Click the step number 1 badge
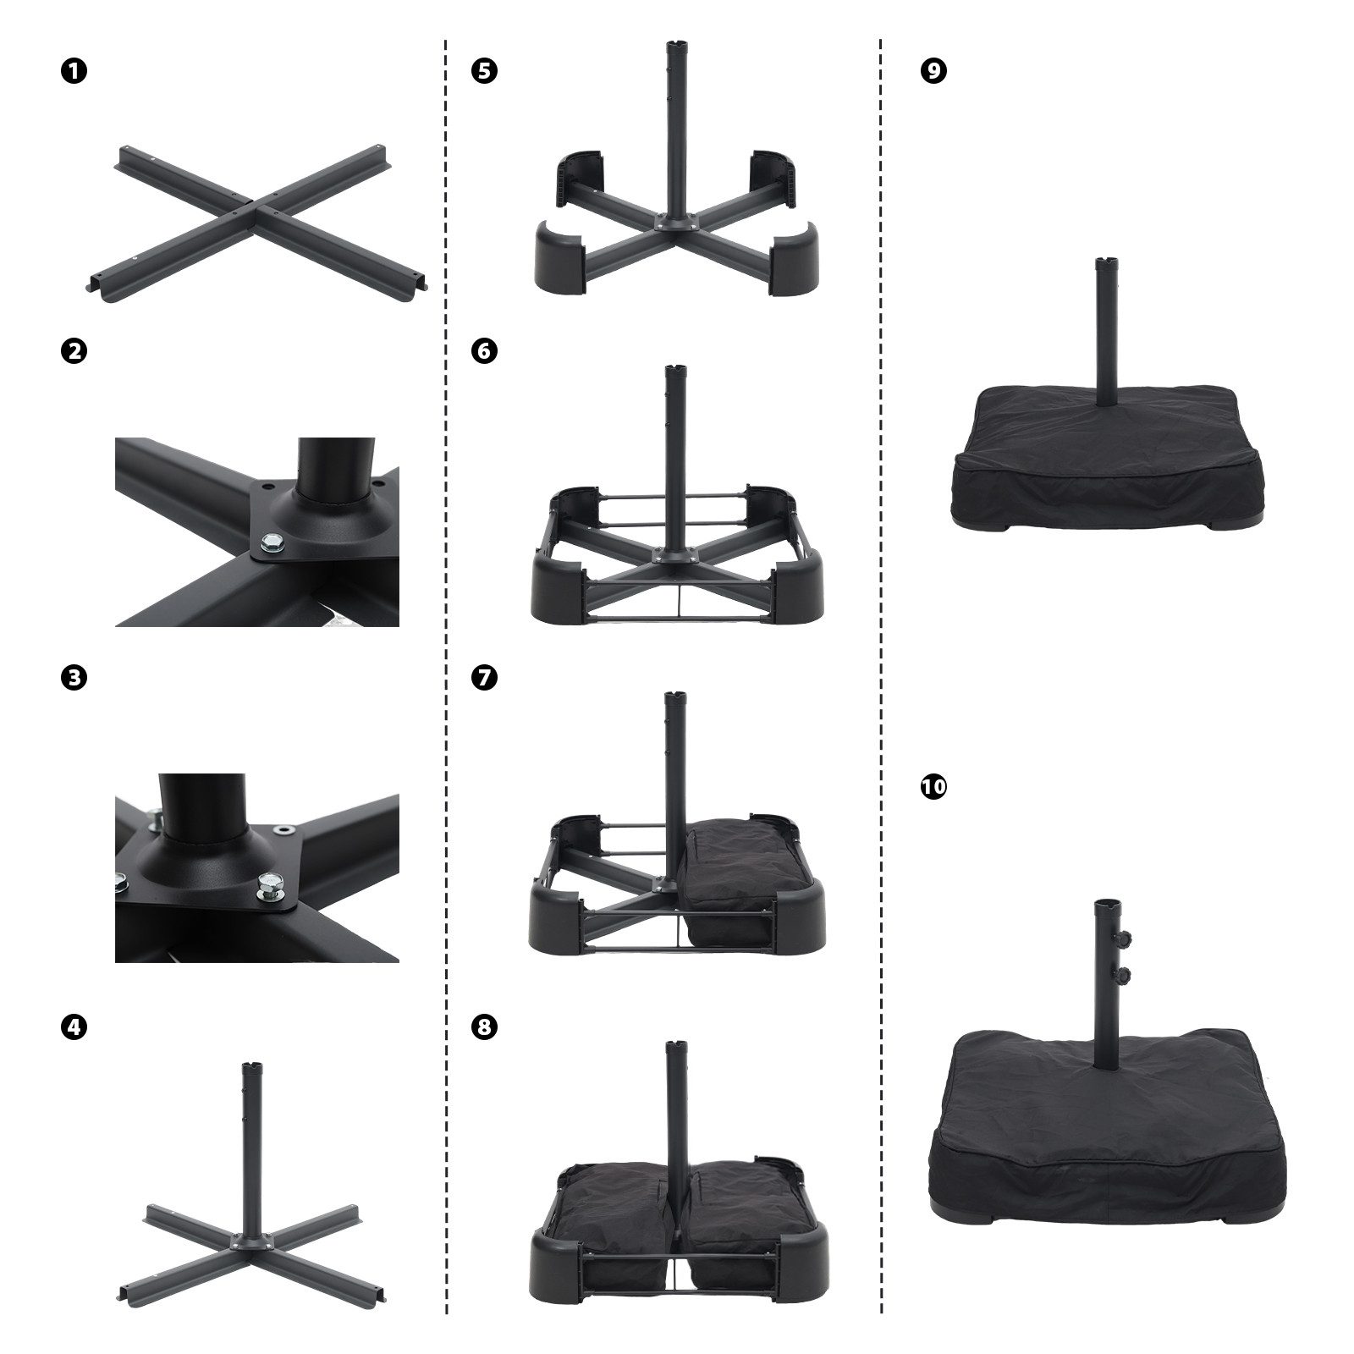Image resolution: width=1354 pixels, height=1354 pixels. pos(74,72)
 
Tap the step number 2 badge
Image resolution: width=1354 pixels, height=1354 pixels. pos(74,350)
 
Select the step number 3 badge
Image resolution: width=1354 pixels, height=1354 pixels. pos(74,677)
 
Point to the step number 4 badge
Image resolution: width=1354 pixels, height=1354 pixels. pos(74,1027)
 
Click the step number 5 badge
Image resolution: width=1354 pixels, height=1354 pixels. pos(484,72)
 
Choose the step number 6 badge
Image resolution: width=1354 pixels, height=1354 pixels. pos(484,350)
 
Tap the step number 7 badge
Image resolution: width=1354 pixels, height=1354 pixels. pos(484,677)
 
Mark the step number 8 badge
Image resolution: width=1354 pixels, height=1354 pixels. pos(484,1027)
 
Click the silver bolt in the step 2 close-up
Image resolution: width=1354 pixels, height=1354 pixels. pos(273,539)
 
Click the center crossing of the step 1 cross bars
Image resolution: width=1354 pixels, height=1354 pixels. pos(262,206)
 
